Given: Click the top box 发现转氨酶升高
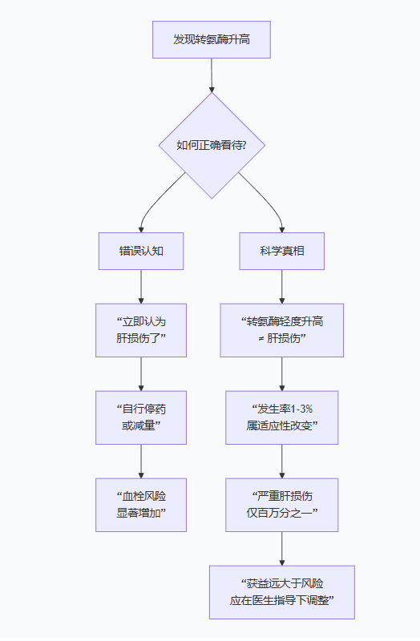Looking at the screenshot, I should [x=212, y=39].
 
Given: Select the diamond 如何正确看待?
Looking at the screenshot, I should [x=212, y=145].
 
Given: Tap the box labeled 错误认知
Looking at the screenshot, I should [x=141, y=252].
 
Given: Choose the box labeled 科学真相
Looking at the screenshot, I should [x=282, y=252].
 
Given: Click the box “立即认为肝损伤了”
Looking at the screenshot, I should [x=141, y=330].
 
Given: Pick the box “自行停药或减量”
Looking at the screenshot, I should [x=141, y=417].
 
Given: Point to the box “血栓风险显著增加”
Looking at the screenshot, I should [x=141, y=505].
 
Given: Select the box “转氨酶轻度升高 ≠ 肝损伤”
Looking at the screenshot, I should [x=282, y=330].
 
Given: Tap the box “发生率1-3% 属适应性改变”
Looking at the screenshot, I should [x=282, y=417].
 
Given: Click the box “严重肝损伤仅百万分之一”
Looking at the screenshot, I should [x=282, y=505].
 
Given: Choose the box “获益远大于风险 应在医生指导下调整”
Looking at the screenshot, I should [x=282, y=592].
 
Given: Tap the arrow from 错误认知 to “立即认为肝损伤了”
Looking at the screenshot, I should [x=141, y=287].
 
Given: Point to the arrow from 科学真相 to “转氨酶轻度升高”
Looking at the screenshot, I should [x=282, y=287].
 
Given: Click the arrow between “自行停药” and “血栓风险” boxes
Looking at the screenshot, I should [x=141, y=462].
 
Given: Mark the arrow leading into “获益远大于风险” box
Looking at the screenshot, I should [x=282, y=549].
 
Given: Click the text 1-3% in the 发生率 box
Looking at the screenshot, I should [x=297, y=409].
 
